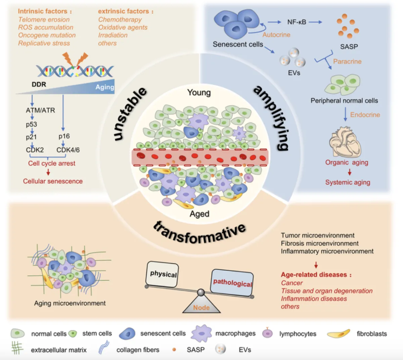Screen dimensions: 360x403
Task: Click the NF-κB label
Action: [297, 22]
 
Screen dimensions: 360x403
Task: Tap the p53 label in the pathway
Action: [32, 124]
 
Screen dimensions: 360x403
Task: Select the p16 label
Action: [64, 136]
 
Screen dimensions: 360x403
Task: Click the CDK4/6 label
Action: [68, 150]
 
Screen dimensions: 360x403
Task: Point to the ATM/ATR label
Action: [40, 110]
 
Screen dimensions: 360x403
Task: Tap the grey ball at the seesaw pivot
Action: [201, 292]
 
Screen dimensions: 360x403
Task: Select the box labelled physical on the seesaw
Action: [162, 274]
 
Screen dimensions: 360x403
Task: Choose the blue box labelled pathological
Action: [232, 282]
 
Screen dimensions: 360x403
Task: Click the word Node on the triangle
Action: [201, 307]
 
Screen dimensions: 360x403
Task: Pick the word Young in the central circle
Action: [199, 92]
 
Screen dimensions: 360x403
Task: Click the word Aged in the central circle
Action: [199, 214]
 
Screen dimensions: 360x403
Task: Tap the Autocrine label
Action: [276, 35]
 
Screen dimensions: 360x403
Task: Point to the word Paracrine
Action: [347, 61]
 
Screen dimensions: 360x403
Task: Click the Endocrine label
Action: [365, 115]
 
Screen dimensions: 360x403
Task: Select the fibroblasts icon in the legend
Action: [338, 333]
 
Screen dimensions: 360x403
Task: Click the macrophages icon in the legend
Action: [201, 333]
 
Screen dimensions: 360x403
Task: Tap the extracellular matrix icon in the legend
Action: [17, 348]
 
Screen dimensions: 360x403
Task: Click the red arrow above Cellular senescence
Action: [48, 172]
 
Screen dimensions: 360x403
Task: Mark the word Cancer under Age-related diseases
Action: [292, 283]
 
